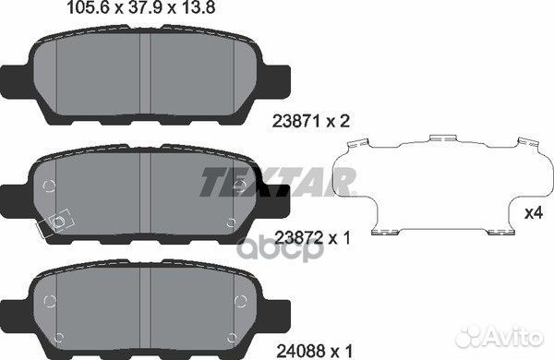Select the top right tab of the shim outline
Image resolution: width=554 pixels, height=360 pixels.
pos(527,141)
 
